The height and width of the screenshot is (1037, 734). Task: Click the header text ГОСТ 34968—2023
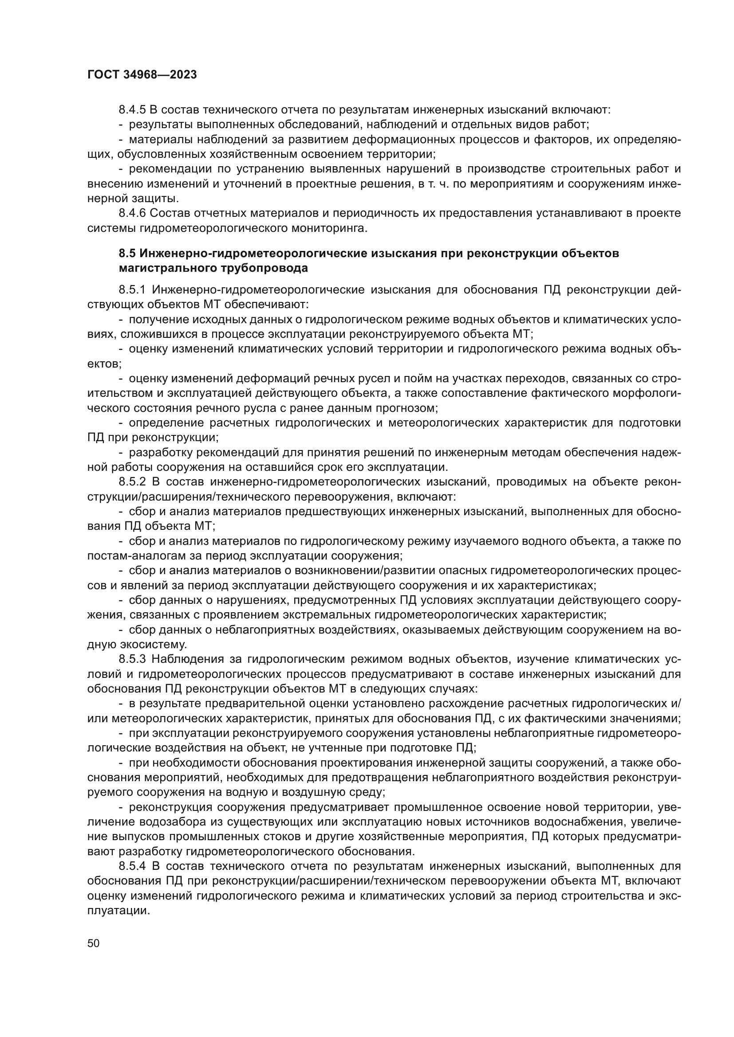142,75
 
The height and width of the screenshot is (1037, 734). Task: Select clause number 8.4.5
132,110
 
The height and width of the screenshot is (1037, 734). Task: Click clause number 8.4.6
132,213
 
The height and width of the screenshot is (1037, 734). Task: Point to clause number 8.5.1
132,290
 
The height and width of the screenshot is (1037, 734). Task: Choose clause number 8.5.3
132,659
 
